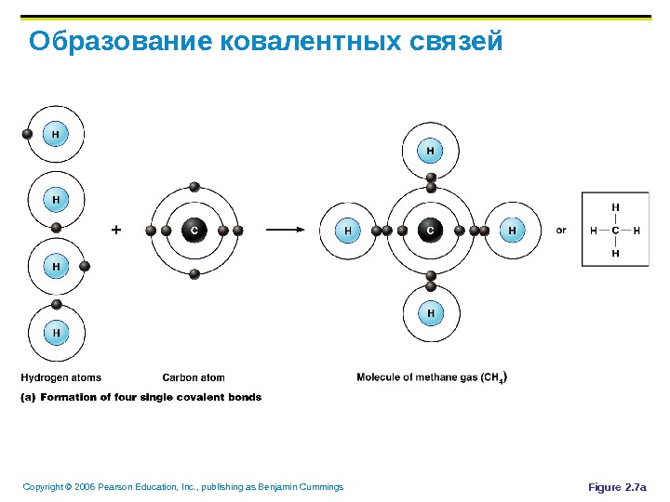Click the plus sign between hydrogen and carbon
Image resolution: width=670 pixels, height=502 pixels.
pyautogui.click(x=116, y=229)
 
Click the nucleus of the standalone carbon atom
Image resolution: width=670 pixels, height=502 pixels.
pyautogui.click(x=194, y=230)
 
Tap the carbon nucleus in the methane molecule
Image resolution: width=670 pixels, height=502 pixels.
pyautogui.click(x=430, y=230)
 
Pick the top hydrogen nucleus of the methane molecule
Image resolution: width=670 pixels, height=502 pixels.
pyautogui.click(x=430, y=149)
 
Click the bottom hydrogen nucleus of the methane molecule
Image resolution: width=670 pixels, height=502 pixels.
pyautogui.click(x=430, y=313)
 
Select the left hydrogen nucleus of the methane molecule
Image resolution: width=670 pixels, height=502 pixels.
pyautogui.click(x=348, y=230)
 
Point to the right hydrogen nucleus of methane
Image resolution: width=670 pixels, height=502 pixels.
pyautogui.click(x=512, y=230)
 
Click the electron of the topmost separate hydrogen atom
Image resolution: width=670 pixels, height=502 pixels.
pyautogui.click(x=27, y=134)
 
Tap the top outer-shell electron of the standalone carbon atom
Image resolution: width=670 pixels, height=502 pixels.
pyautogui.click(x=194, y=186)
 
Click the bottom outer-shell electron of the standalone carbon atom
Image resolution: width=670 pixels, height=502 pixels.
pyautogui.click(x=194, y=273)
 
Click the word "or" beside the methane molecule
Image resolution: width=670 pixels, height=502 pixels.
pyautogui.click(x=561, y=230)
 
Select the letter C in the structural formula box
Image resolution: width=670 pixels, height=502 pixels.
pyautogui.click(x=615, y=230)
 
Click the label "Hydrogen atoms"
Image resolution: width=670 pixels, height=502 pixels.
pyautogui.click(x=61, y=377)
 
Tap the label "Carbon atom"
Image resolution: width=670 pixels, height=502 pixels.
pyautogui.click(x=194, y=377)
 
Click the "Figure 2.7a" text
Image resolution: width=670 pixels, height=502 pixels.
pyautogui.click(x=623, y=487)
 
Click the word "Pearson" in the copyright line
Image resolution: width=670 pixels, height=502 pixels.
pyautogui.click(x=110, y=487)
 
